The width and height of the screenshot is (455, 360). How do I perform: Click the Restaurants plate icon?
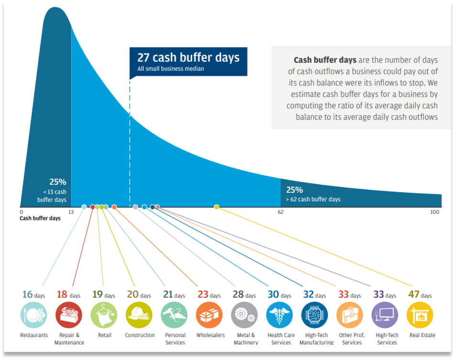[x=34, y=315]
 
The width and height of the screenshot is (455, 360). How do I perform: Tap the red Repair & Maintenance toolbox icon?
[x=69, y=315]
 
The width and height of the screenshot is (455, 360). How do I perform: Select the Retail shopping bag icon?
[x=104, y=315]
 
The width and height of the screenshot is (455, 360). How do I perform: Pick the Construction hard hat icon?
[x=139, y=315]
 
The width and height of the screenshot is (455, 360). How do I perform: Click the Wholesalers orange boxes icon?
[x=209, y=315]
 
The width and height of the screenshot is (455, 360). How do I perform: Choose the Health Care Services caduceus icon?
[x=280, y=315]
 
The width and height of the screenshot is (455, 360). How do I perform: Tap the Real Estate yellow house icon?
[x=420, y=315]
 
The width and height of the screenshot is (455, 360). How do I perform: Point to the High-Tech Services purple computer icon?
[x=385, y=315]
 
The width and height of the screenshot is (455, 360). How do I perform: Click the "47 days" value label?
[x=420, y=295]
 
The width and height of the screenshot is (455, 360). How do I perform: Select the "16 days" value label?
[x=34, y=295]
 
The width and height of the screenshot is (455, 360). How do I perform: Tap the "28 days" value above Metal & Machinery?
[x=244, y=295]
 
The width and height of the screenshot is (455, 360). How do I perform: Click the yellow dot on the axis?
[x=217, y=207]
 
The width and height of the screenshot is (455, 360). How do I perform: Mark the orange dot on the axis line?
[x=114, y=207]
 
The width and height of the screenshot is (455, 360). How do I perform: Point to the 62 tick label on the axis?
[x=281, y=212]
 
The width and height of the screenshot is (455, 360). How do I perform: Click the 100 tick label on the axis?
[x=434, y=212]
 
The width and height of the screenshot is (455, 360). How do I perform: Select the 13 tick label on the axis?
[x=71, y=212]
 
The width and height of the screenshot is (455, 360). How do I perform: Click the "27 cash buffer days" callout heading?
[x=188, y=58]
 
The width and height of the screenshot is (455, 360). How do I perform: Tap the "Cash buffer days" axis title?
[x=40, y=219]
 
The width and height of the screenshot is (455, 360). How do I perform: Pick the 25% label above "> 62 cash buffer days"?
[x=294, y=190]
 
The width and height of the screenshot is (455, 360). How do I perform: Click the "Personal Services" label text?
[x=174, y=339]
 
